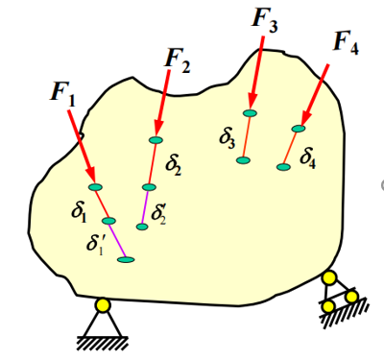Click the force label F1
63,94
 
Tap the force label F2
178,60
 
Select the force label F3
265,19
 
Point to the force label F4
346,42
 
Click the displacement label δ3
228,138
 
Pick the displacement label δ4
308,158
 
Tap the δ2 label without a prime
173,165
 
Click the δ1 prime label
95,245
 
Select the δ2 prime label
158,214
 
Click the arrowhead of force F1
90,174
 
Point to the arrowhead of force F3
252,102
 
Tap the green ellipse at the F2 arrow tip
156,140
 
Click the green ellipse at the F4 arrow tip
299,129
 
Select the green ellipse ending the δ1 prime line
126,259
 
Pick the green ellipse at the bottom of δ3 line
243,160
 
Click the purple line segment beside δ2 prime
145,206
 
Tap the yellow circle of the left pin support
103,305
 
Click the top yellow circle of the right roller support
329,277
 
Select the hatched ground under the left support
103,343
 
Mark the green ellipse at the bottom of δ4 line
283,167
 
